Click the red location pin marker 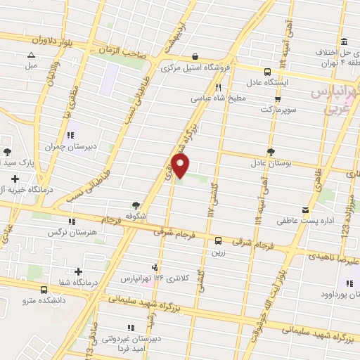[x=181, y=166]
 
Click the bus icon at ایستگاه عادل [x=266, y=71]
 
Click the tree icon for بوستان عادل [x=271, y=151]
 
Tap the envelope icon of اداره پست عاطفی [x=304, y=210]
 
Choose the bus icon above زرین [x=218, y=240]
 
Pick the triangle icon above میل [x=30, y=55]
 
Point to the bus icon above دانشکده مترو [x=44, y=289]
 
